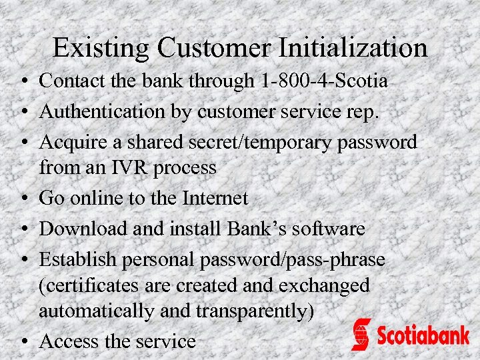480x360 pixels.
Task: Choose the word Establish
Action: [x=78, y=259]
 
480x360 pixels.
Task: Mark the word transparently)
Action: [x=254, y=311]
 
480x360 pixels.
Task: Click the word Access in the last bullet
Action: [x=69, y=341]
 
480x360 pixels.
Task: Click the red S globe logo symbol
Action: [x=361, y=334]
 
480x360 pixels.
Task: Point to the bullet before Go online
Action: [x=23, y=199]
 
